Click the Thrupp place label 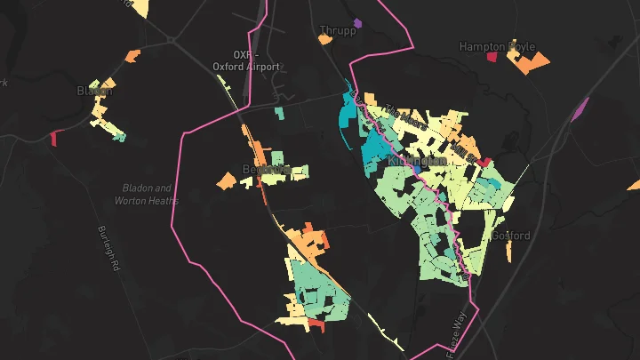338,31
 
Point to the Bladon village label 95,91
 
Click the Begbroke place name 267,169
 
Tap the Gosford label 510,236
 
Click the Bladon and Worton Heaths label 146,195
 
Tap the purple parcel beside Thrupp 357,22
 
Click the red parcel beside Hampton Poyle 492,58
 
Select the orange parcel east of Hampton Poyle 532,62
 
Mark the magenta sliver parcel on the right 580,109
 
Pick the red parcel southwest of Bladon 53,138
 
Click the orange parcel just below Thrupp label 324,38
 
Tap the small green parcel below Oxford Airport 279,113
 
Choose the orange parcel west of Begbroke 227,182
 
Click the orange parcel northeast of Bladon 132,56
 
